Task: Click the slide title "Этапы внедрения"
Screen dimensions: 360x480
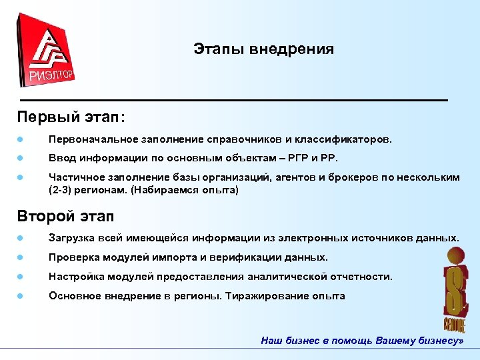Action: pos(263,49)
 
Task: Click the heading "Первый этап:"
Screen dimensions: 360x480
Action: pos(71,117)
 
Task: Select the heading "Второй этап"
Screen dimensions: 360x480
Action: pos(66,216)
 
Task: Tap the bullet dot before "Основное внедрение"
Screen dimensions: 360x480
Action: pos(21,295)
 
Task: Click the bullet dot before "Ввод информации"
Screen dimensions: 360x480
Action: pos(21,159)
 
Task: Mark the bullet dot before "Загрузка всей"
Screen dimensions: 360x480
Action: pos(21,238)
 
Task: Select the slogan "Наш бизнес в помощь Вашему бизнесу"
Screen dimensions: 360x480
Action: pos(362,340)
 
